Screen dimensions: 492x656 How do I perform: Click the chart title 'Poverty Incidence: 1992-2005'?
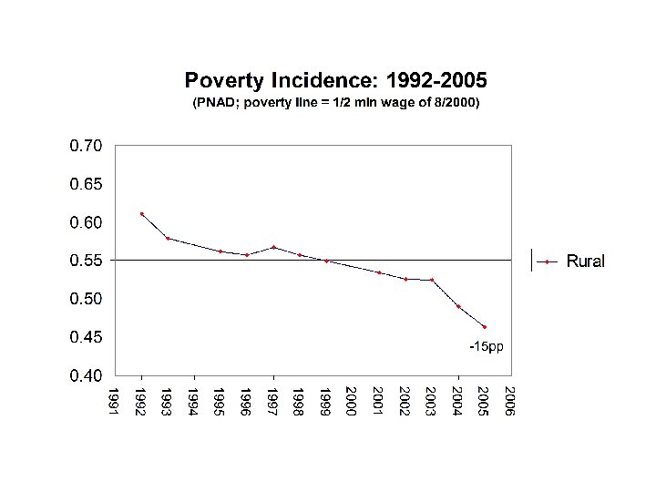click(334, 80)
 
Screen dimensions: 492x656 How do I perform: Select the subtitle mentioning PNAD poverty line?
click(334, 104)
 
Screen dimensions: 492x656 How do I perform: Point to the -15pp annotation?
click(486, 347)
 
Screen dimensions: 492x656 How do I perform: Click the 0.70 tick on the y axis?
click(87, 145)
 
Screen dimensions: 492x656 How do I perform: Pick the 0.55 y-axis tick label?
click(87, 261)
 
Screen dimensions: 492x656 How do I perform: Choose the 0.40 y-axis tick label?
click(87, 375)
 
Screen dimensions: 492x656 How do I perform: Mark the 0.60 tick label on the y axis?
click(87, 222)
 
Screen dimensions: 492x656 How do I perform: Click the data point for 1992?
click(141, 214)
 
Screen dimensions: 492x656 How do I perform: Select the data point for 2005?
click(485, 327)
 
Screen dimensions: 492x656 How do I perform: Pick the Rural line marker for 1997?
click(273, 247)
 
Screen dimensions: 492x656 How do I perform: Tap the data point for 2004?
click(458, 306)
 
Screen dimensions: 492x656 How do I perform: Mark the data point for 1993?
click(168, 238)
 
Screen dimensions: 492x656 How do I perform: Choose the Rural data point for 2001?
click(379, 272)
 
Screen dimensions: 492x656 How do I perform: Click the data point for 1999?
click(326, 261)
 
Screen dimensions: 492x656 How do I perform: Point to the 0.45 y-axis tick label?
click(87, 337)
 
